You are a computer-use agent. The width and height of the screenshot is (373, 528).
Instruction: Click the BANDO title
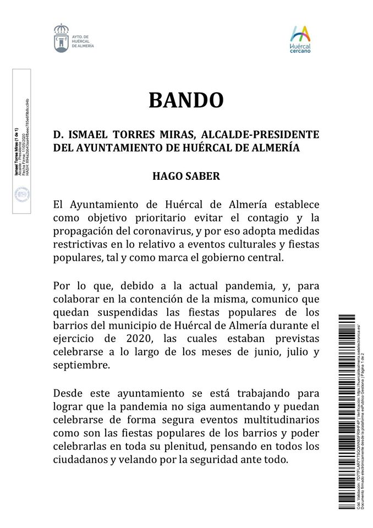click(186, 100)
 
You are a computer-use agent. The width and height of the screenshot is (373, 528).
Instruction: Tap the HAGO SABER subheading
click(186, 177)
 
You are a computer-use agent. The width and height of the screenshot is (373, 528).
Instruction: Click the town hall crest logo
click(62, 38)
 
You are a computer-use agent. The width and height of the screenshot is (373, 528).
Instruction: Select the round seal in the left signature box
click(21, 194)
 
